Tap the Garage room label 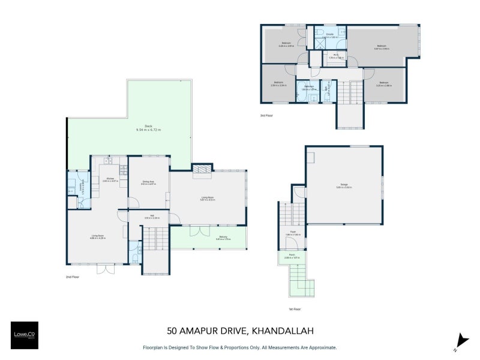coord(344,186)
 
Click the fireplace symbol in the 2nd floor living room coord(202,170)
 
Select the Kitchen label coord(110,179)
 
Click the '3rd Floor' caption coord(266,115)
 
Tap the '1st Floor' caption coord(294,309)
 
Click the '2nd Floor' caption coord(73,277)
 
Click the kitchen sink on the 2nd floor coord(109,161)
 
